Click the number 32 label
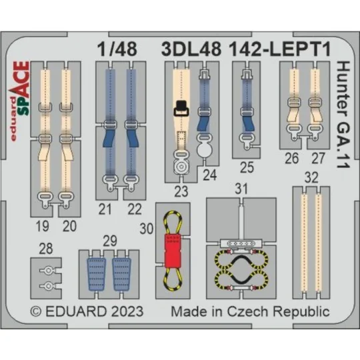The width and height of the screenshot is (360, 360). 309,178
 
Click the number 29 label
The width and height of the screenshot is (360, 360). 111,239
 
